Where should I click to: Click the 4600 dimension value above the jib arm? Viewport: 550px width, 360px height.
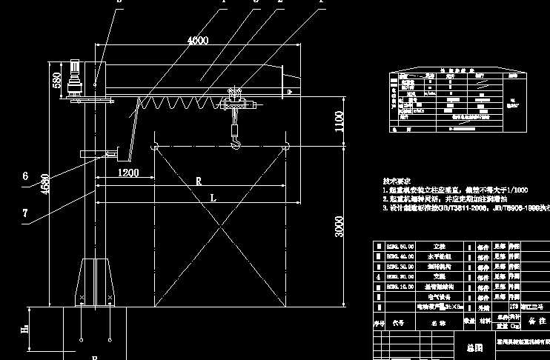(x=197, y=40)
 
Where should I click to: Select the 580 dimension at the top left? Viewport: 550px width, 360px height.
(x=57, y=80)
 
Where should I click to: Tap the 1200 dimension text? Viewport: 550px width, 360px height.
(x=127, y=173)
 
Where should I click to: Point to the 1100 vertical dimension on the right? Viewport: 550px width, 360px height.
(x=339, y=120)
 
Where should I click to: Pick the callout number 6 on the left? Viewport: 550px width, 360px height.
(x=25, y=176)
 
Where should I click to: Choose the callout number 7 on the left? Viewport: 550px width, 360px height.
(x=25, y=213)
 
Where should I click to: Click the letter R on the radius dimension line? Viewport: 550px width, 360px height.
(x=199, y=181)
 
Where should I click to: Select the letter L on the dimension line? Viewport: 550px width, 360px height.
(x=213, y=198)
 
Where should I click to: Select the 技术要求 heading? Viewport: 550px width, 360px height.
(x=396, y=181)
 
